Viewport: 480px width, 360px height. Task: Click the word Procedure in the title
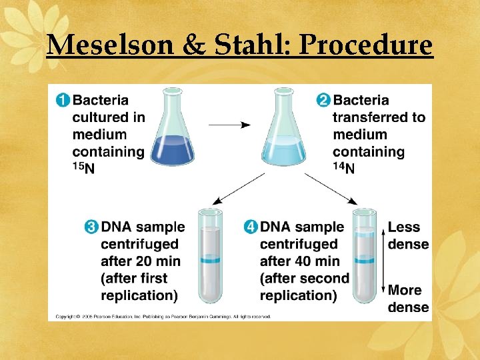coord(366,45)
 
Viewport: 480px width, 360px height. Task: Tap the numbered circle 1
coord(61,101)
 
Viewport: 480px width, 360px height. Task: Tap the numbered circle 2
coord(323,101)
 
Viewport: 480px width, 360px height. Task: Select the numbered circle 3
coord(91,227)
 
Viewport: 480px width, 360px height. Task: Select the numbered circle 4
coord(250,227)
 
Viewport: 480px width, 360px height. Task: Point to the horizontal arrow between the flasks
coord(229,125)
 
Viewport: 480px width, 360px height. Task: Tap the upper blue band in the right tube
coord(365,235)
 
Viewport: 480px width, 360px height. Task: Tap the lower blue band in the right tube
coord(365,259)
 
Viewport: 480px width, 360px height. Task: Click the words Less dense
coord(408,235)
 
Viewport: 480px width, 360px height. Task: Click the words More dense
coord(408,298)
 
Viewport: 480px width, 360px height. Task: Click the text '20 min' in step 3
coord(159,261)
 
